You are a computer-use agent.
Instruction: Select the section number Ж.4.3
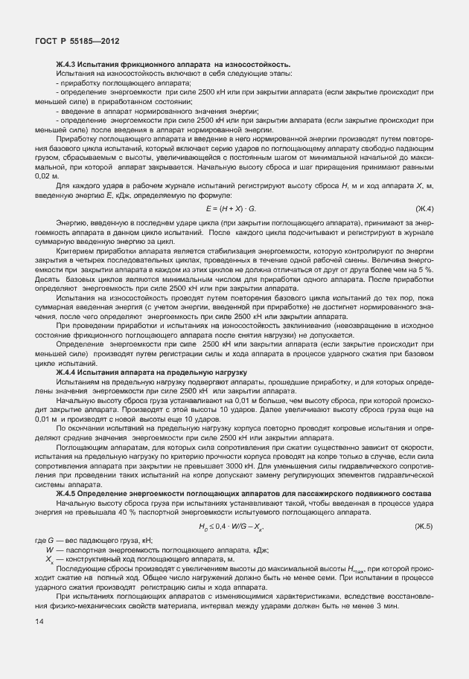tap(67, 65)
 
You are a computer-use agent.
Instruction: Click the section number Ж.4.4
tap(67, 371)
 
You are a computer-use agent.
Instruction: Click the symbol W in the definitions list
tap(49, 549)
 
